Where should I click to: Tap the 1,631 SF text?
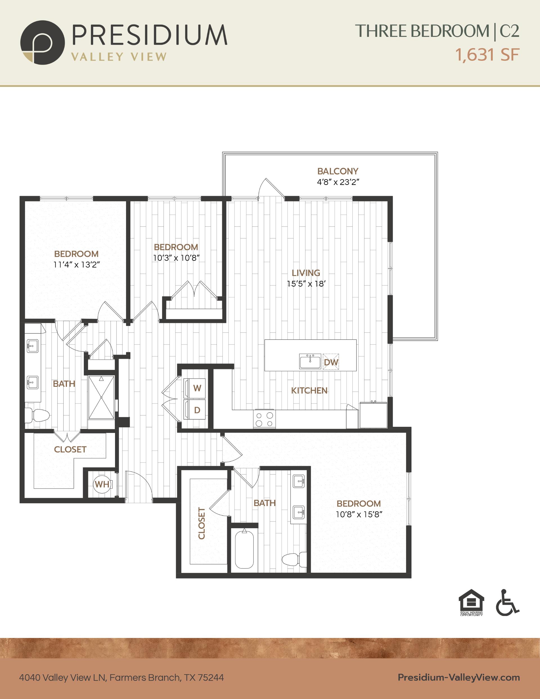click(487, 55)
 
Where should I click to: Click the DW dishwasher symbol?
click(331, 362)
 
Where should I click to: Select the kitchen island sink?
click(310, 362)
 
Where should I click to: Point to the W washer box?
click(195, 388)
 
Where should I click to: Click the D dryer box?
click(195, 410)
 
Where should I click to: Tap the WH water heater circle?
click(102, 484)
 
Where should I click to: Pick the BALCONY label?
click(338, 171)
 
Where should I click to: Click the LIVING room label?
click(306, 273)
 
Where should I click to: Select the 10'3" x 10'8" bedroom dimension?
click(176, 258)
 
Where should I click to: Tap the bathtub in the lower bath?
click(245, 549)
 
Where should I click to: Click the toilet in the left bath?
click(37, 416)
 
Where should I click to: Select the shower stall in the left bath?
click(101, 397)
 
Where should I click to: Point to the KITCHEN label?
click(309, 390)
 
